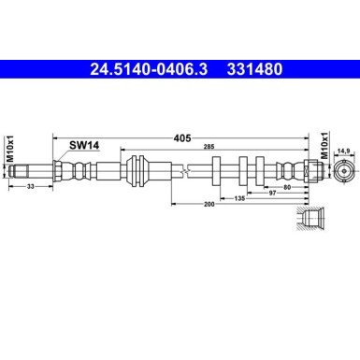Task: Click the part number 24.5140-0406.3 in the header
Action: (151, 67)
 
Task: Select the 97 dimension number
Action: (271, 192)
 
